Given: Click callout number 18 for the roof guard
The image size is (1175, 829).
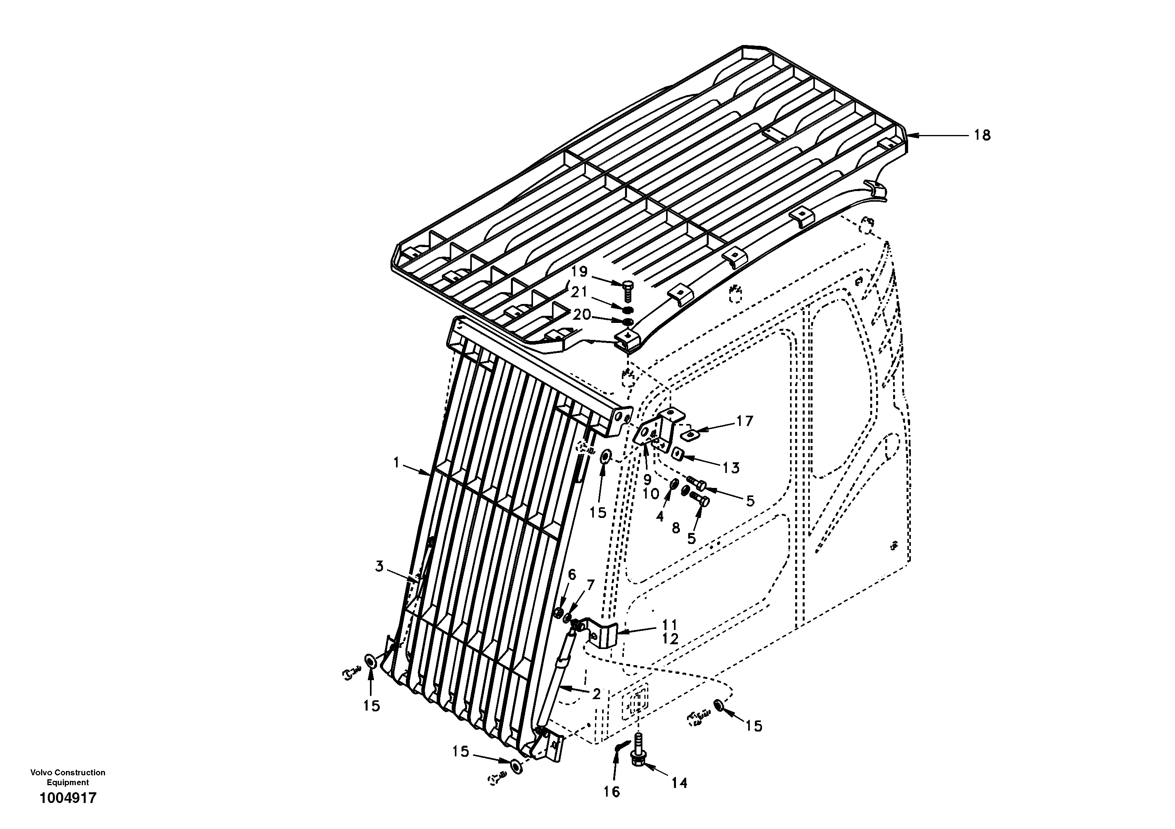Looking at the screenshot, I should click(x=982, y=136).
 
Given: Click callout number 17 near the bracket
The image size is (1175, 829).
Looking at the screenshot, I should click(x=745, y=421).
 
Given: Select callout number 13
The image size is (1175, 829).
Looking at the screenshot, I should click(x=731, y=468).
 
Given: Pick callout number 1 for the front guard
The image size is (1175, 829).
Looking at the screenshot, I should click(x=396, y=463).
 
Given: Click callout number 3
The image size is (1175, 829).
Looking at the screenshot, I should click(x=379, y=566).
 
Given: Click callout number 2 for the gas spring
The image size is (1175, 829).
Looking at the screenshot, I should click(x=596, y=694).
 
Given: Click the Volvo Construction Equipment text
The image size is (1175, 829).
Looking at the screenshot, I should click(x=68, y=777).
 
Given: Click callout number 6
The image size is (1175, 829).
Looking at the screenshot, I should click(x=572, y=575).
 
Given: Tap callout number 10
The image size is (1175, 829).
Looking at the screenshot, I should click(x=651, y=494).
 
